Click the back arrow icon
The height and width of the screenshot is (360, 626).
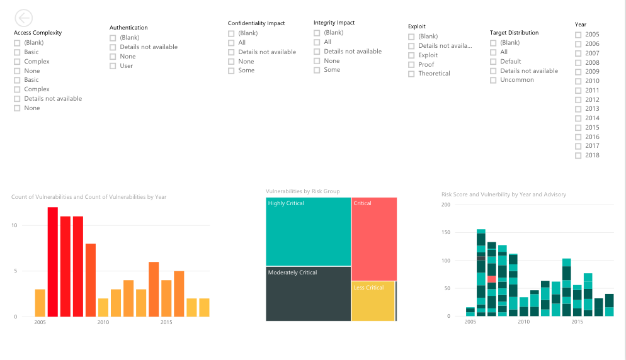[23, 18]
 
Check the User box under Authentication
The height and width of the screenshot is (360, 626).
[113, 66]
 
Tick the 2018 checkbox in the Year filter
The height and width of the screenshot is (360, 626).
[578, 155]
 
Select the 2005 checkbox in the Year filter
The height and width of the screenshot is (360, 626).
[578, 35]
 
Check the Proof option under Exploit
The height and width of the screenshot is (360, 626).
[411, 65]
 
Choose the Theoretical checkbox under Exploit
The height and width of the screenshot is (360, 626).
[411, 74]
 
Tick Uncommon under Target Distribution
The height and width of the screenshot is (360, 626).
[493, 80]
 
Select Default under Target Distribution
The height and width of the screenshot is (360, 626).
[493, 62]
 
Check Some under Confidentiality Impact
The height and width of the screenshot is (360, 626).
[231, 70]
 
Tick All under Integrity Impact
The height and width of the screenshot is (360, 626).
[317, 42]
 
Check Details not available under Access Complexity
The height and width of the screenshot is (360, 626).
[17, 99]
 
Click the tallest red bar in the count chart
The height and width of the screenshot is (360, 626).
[53, 261]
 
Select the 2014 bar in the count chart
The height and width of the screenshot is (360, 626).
[154, 289]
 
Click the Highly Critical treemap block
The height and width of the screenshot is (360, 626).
[308, 231]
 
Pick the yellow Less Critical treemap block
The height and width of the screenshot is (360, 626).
[373, 301]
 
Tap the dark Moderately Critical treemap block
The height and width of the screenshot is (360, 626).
[308, 293]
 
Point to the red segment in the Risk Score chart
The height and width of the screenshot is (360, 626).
[491, 279]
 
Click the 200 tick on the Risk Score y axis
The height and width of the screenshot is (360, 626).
[446, 205]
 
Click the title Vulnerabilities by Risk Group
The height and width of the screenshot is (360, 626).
[302, 191]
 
